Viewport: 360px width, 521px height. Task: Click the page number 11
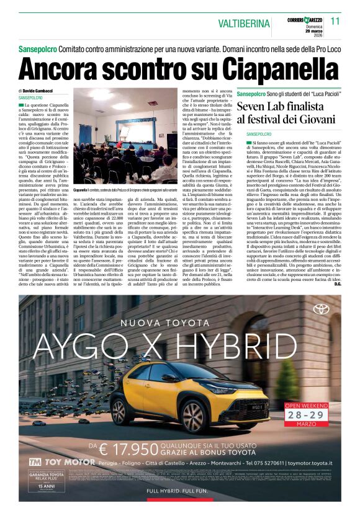336,20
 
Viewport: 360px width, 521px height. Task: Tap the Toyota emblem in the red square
321,309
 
